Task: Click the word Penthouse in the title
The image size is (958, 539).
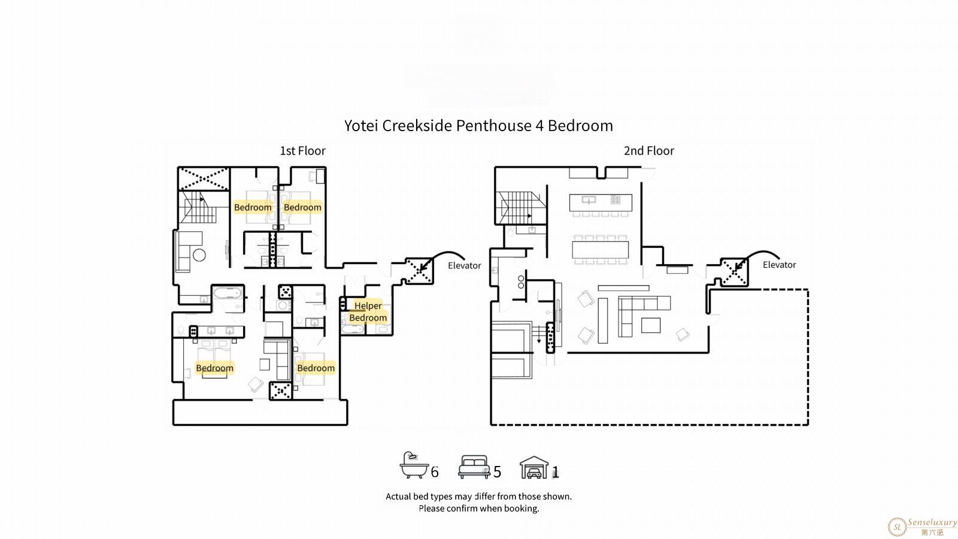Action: [x=493, y=126]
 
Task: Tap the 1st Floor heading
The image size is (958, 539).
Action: [x=303, y=151]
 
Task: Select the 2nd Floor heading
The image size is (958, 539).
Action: [x=649, y=151]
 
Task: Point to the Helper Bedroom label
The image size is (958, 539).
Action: [x=368, y=311]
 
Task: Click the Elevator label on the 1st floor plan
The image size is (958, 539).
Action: [x=465, y=266]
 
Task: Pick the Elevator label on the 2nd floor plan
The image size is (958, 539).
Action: [x=779, y=265]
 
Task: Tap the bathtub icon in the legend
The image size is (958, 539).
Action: [x=414, y=465]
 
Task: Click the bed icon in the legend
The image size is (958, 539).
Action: [x=474, y=467]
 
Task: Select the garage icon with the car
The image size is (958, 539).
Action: [x=533, y=468]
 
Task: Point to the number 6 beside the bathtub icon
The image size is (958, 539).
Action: [x=435, y=472]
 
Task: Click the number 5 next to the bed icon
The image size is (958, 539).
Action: [x=497, y=472]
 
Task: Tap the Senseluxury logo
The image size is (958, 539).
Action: [x=922, y=526]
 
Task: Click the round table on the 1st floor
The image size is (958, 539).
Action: [x=199, y=255]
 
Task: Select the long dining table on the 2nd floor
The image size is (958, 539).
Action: [x=601, y=250]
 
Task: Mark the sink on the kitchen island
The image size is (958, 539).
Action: [x=589, y=199]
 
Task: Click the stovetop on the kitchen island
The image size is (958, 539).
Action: [x=616, y=199]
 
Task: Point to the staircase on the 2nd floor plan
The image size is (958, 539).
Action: [x=521, y=207]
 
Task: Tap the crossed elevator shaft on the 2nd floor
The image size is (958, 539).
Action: [x=734, y=272]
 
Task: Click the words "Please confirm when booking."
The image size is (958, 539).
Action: [x=478, y=508]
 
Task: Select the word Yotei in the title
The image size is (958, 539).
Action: [x=361, y=126]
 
